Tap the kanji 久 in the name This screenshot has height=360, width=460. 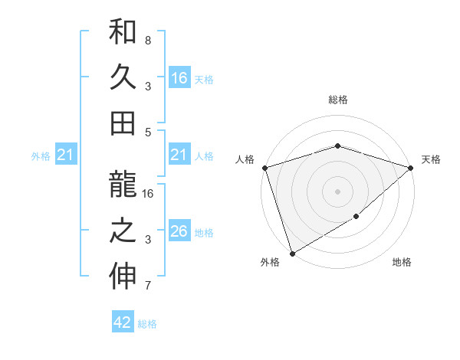tap(123, 77)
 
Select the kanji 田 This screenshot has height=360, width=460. tap(123, 122)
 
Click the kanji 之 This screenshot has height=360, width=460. tap(123, 232)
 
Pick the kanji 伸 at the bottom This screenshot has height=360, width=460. tap(123, 277)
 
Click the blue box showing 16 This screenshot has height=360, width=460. tap(179, 77)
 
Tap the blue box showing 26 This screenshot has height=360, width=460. tap(179, 231)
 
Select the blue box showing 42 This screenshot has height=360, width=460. tap(123, 322)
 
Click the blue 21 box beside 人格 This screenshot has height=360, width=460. tap(179, 155)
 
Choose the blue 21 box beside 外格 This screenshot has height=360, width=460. tap(66, 155)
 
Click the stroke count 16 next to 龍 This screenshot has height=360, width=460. tap(149, 194)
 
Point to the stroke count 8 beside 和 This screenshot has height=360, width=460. tap(148, 40)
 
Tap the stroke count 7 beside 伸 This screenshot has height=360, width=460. tap(148, 286)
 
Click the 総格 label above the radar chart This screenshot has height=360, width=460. tap(337, 100)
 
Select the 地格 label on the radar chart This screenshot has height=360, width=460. tap(402, 263)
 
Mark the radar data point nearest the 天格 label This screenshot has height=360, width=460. tap(411, 167)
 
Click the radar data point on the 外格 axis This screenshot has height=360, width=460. tap(292, 254)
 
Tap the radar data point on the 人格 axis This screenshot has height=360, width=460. tap(264, 167)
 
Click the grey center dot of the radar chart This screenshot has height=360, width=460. tap(337, 191)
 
